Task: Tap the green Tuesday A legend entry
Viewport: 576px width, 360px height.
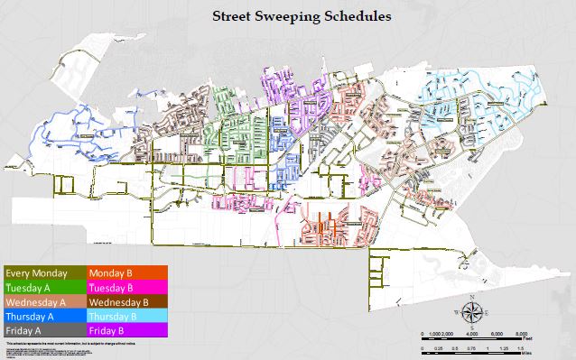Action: (x=44, y=287)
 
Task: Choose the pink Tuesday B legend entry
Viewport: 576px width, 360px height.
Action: (x=125, y=287)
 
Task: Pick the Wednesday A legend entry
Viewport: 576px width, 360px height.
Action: (x=44, y=301)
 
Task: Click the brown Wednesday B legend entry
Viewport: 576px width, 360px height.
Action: (x=125, y=301)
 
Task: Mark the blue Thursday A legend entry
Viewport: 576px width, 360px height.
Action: (x=44, y=317)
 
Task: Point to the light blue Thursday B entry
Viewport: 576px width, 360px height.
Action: (x=125, y=317)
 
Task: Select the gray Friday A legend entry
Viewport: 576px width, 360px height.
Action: (x=44, y=331)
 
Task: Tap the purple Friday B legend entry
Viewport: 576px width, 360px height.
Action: (x=125, y=331)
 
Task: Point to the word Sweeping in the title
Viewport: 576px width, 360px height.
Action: (x=283, y=16)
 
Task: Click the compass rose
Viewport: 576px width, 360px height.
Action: (x=472, y=312)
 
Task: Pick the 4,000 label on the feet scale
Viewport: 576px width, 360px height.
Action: (x=472, y=334)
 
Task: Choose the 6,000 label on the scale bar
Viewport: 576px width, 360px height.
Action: (x=497, y=334)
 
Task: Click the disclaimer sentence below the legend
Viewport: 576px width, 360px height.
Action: (x=68, y=345)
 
